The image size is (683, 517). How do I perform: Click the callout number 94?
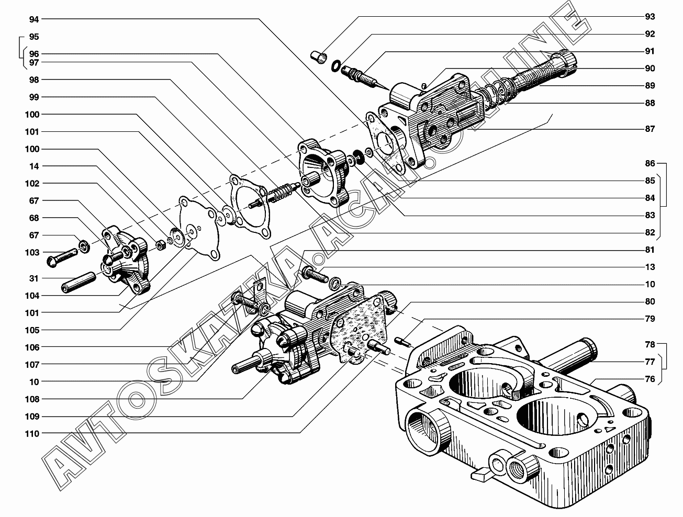click(34, 19)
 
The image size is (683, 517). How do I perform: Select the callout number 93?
click(650, 17)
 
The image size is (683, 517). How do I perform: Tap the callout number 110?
click(32, 434)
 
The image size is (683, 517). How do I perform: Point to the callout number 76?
click(650, 379)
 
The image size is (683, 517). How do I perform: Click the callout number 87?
click(650, 129)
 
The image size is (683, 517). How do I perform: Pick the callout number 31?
click(34, 278)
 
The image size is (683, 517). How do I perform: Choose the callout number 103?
click(32, 252)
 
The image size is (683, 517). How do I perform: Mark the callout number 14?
click(34, 166)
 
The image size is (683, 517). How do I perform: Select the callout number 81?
click(650, 250)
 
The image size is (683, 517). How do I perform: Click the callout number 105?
click(32, 330)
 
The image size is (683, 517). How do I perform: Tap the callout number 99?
click(34, 97)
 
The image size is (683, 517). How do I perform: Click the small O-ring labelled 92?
click(335, 66)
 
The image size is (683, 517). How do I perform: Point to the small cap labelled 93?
click(319, 58)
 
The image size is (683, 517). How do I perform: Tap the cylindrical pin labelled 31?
click(79, 282)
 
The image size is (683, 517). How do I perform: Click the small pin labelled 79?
click(402, 341)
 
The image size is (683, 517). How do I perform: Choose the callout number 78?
click(650, 344)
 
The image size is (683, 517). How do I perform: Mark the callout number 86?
click(650, 163)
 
